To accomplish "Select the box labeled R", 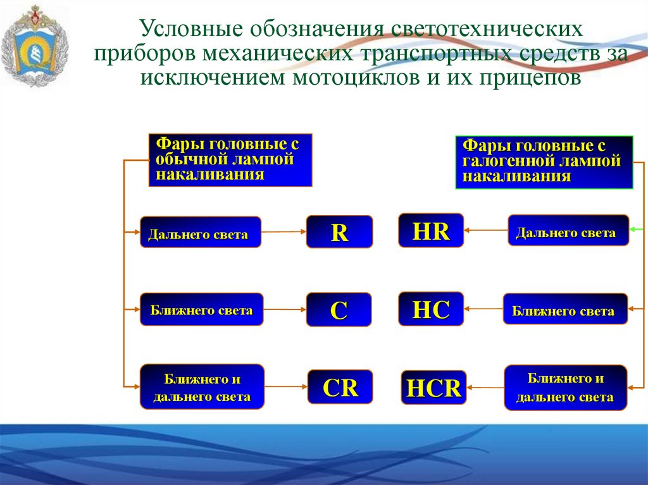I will (x=339, y=232).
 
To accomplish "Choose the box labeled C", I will (x=339, y=310).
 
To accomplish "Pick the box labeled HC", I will (x=431, y=309).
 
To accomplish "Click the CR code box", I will (x=340, y=387).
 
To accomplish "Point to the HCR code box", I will (x=433, y=387).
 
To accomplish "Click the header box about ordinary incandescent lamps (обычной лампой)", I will (x=230, y=159).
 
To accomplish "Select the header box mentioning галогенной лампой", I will (x=544, y=162).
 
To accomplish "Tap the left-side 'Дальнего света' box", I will (x=200, y=232).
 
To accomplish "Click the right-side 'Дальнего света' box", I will (x=568, y=230).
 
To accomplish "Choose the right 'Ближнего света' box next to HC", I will (x=565, y=309).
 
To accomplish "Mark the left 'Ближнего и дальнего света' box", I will (x=202, y=386).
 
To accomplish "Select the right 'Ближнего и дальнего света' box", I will (x=565, y=387).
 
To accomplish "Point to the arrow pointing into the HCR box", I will (x=485, y=386).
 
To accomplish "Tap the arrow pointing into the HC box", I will (x=483, y=309).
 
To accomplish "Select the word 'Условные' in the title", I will (x=190, y=29).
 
